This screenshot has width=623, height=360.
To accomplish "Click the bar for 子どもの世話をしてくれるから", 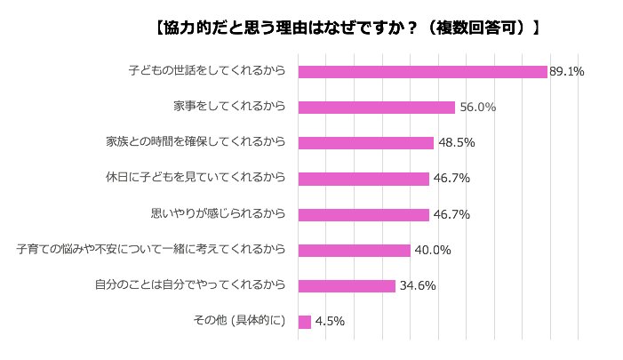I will [x=422, y=71].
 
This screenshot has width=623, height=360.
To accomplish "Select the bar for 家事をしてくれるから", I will [x=376, y=108].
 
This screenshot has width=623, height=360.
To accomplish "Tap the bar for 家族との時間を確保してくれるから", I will [x=365, y=143].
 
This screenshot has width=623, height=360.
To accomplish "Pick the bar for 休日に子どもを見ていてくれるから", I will [x=363, y=179].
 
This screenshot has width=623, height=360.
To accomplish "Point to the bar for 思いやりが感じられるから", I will [x=363, y=214].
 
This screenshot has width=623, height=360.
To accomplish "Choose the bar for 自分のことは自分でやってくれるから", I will [x=347, y=285].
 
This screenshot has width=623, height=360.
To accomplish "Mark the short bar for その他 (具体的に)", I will [x=304, y=321].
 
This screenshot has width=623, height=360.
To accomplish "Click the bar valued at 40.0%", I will [x=354, y=250].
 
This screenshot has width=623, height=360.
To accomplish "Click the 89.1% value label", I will [x=566, y=72].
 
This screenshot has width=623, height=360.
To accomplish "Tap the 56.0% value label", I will [x=477, y=108].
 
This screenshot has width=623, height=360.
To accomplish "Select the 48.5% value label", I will [x=456, y=143].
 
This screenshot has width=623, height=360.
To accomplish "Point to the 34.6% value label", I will [x=417, y=286].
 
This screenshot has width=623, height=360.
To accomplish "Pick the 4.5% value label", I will [x=329, y=322].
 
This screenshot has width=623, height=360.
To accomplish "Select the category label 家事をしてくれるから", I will [x=229, y=107].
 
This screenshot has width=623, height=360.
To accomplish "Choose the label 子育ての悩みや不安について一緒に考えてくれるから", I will [x=151, y=249].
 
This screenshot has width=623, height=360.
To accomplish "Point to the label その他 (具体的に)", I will [x=239, y=320].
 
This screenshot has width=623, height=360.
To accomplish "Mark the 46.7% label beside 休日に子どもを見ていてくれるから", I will [x=451, y=179].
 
